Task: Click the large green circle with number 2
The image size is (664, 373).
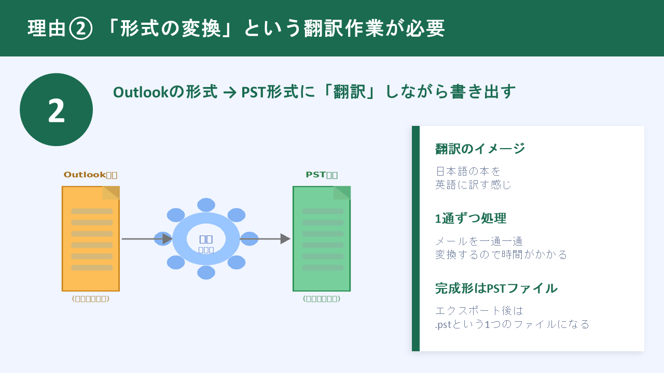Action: [x=56, y=110]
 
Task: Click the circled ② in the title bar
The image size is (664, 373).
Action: [x=80, y=29]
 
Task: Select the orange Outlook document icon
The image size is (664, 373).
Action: [x=91, y=238]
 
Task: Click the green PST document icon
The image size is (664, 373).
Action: [x=322, y=238]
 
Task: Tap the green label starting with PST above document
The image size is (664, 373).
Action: [x=322, y=175]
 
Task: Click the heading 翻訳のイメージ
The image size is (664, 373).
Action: [x=480, y=149]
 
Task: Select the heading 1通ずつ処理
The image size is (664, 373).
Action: [x=471, y=219]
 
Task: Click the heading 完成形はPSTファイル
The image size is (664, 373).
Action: [x=496, y=288]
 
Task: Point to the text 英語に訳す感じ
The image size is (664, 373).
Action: [x=473, y=184]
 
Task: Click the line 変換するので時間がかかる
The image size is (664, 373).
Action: [x=501, y=254]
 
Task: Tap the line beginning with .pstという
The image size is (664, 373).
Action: [x=512, y=324]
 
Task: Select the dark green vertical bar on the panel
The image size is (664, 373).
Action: [x=416, y=238]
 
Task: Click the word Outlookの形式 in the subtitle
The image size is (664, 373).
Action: [x=165, y=92]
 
